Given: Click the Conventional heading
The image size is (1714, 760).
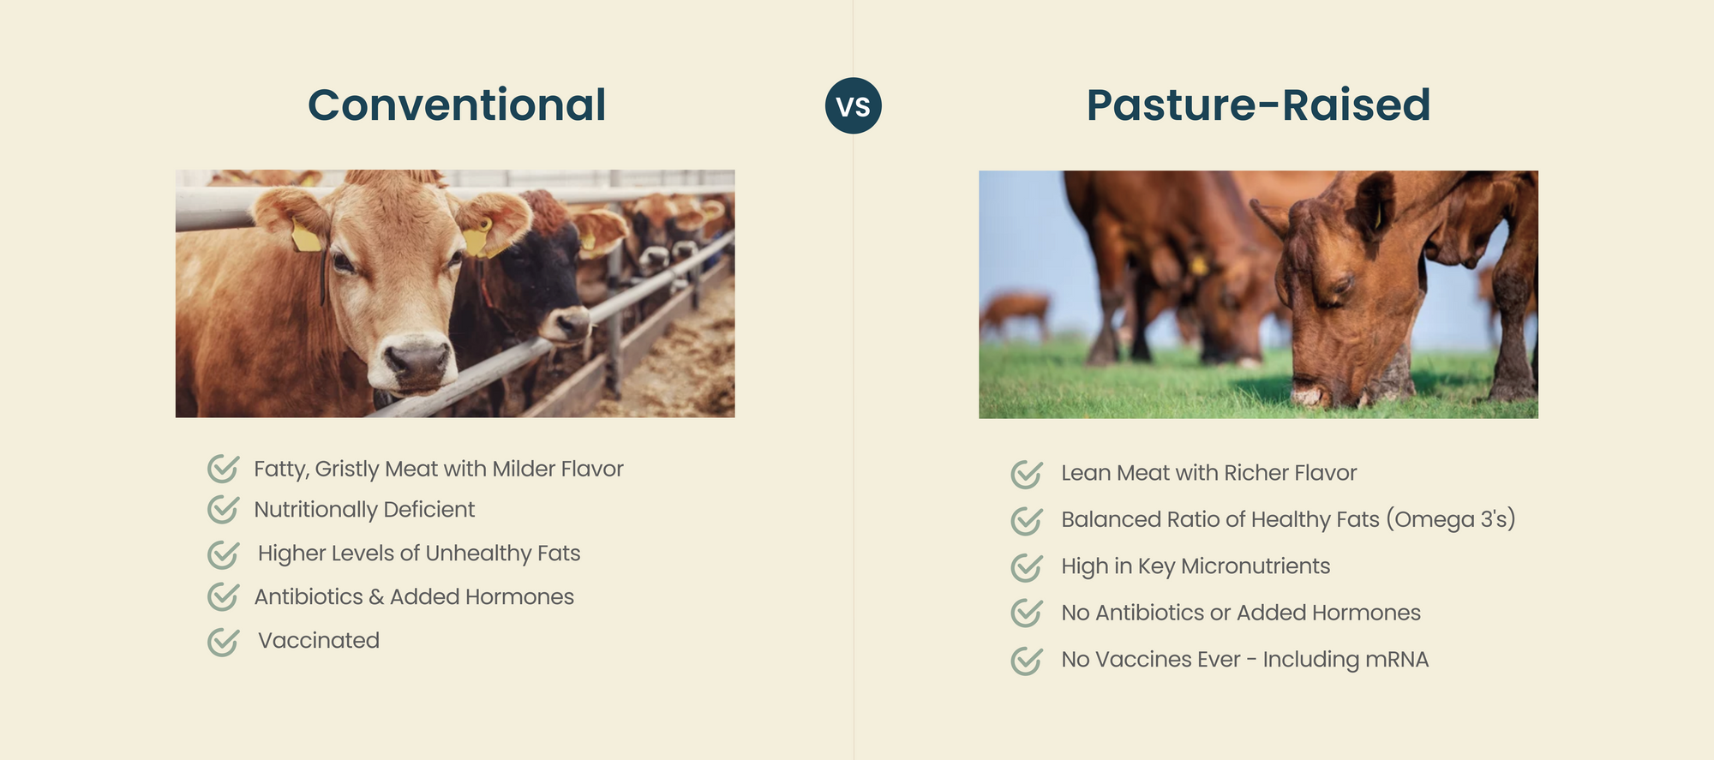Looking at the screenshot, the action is click(457, 105).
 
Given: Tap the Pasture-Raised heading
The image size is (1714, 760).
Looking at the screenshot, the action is click(1258, 105).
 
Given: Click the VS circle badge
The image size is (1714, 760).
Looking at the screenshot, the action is click(853, 105).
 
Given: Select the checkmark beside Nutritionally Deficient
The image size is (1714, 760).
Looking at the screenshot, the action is click(223, 509).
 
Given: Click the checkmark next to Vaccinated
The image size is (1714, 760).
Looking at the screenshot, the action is click(223, 641).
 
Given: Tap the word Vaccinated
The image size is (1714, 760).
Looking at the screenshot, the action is click(319, 640).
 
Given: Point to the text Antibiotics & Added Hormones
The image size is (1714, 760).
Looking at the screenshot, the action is click(414, 596).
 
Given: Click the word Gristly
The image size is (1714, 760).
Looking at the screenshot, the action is click(346, 470).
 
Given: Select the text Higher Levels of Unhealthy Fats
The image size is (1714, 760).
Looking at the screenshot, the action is click(419, 554).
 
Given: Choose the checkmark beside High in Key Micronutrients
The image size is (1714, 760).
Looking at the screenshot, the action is click(1026, 567).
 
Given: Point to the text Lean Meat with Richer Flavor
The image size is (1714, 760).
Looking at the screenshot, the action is click(1208, 473).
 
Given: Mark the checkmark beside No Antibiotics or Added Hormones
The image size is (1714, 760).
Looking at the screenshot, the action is click(1026, 613).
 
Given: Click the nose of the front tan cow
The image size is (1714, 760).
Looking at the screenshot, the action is click(417, 360).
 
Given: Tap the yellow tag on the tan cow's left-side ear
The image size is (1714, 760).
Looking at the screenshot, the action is click(306, 236).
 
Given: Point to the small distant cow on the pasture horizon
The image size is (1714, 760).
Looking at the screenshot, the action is click(1015, 314).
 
